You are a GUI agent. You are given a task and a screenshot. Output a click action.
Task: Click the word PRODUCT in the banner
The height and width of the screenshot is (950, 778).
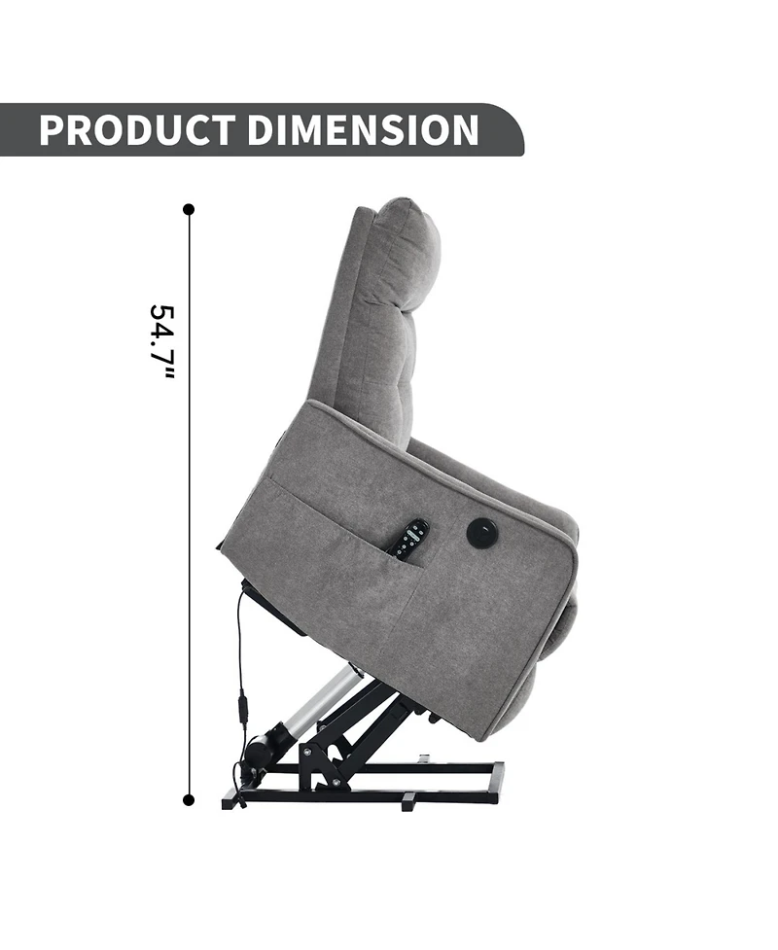click(136, 129)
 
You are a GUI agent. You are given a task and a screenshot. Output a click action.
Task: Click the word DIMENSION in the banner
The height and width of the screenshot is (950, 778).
click(363, 129)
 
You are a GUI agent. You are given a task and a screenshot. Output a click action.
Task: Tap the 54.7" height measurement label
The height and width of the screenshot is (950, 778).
click(161, 342)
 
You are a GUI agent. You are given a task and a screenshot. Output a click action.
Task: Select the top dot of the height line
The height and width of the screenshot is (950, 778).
click(189, 210)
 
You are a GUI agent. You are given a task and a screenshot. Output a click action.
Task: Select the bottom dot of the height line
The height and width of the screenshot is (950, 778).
click(189, 800)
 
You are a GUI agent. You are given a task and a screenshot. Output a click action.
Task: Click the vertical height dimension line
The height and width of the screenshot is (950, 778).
click(189, 505)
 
